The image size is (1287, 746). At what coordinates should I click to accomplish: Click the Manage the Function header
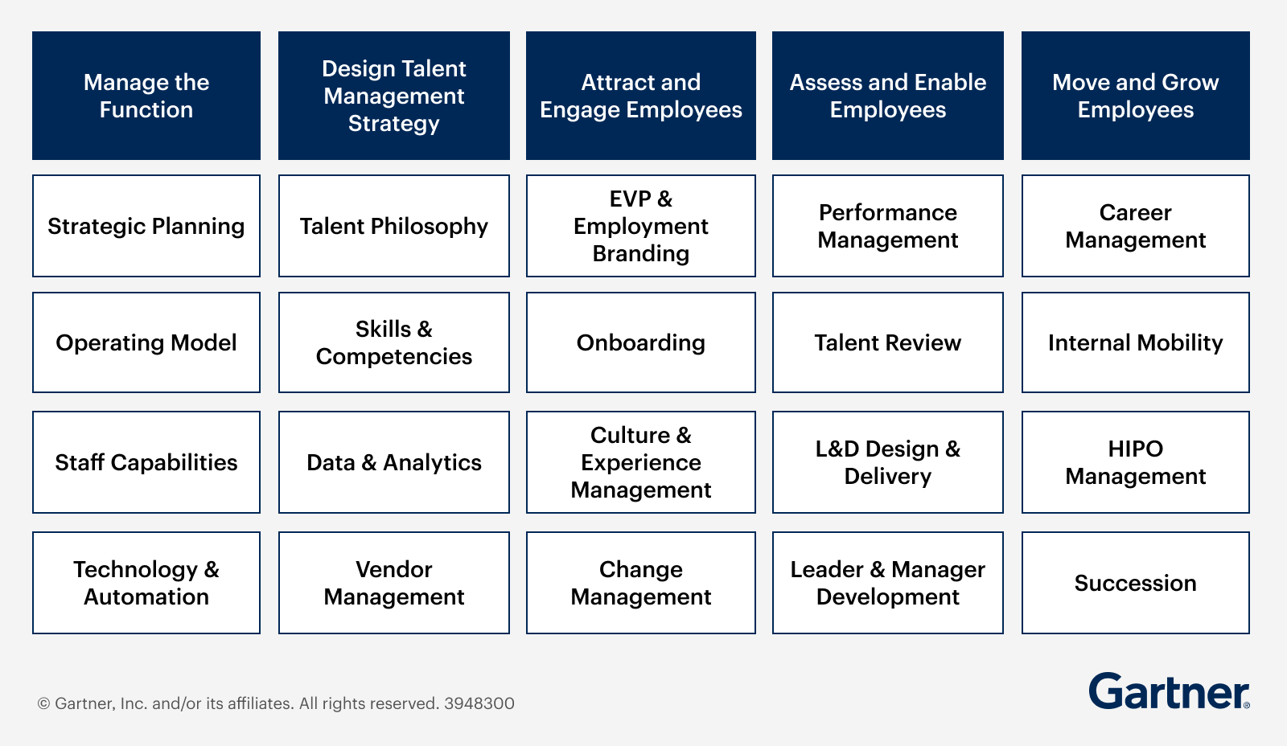tap(146, 96)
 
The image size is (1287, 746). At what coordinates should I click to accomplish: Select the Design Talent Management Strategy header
tap(394, 96)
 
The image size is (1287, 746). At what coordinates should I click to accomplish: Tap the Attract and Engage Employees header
tap(641, 96)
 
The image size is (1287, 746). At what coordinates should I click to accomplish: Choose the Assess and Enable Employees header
tap(888, 96)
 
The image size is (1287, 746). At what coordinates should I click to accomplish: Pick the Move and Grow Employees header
tap(1136, 96)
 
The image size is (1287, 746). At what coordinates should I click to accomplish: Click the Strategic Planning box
tap(146, 226)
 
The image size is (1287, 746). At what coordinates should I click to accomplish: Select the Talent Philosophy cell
tap(394, 226)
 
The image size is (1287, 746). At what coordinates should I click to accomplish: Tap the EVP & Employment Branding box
tap(641, 226)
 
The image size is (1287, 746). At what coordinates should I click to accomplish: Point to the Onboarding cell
tap(641, 342)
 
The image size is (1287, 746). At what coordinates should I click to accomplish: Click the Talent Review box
tap(888, 342)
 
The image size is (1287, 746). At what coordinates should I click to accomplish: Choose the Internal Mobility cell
tap(1136, 342)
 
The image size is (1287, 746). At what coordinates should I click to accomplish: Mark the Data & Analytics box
tap(394, 462)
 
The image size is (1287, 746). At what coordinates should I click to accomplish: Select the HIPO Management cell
tap(1136, 462)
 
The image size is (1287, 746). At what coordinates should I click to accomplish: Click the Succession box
tap(1136, 583)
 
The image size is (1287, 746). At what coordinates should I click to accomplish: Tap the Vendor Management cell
tap(394, 583)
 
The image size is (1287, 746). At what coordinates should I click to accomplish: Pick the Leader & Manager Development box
tap(888, 583)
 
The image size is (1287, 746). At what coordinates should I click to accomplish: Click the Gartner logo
tap(1169, 691)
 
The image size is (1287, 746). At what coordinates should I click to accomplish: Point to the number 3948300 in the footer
tap(479, 703)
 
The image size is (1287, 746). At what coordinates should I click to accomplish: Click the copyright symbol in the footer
tap(43, 704)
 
